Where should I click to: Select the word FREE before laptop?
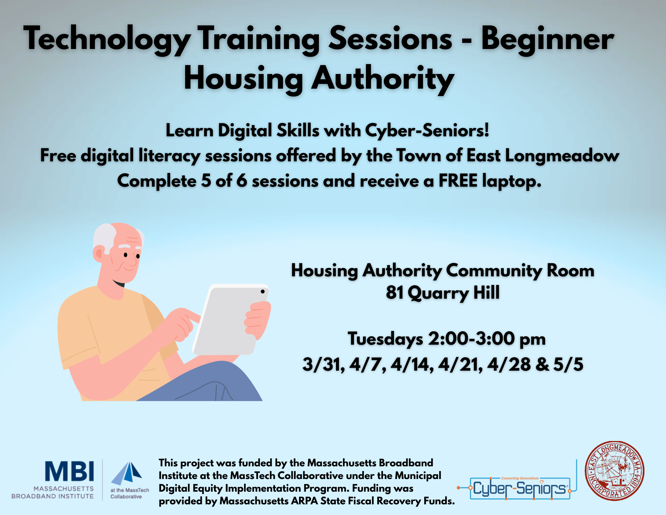pyautogui.click(x=458, y=181)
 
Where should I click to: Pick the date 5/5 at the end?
pyautogui.click(x=568, y=364)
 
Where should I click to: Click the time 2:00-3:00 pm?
pyautogui.click(x=487, y=339)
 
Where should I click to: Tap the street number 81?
pyautogui.click(x=395, y=293)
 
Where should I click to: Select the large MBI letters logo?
pyautogui.click(x=70, y=471)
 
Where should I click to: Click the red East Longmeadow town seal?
pyautogui.click(x=615, y=471)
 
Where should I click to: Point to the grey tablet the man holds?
pyautogui.click(x=231, y=319)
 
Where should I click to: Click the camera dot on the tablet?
pyautogui.click(x=263, y=292)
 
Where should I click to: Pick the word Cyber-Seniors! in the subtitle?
pyautogui.click(x=427, y=130)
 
